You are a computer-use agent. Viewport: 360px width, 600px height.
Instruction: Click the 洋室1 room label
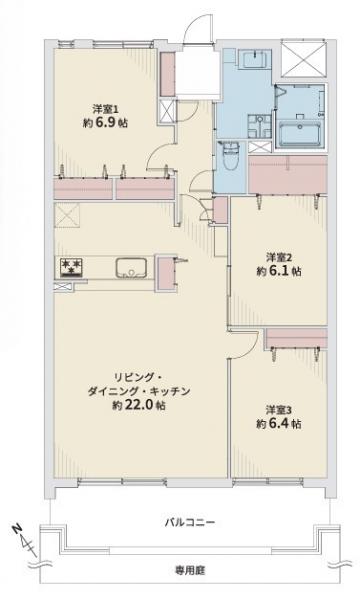(106, 109)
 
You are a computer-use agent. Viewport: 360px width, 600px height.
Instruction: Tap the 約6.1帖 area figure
(279, 271)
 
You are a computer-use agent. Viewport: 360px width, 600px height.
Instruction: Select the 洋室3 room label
(279, 410)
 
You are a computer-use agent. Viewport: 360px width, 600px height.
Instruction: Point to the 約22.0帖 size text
(139, 405)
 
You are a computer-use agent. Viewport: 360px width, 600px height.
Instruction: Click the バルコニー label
(190, 522)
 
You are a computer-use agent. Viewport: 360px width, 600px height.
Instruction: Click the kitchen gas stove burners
(72, 267)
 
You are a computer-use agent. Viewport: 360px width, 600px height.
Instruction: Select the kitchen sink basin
(131, 268)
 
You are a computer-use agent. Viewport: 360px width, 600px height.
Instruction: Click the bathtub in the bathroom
(301, 134)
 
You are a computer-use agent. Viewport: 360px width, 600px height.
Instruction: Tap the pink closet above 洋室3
(296, 338)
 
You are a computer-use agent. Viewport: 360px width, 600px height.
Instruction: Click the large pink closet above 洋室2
(288, 174)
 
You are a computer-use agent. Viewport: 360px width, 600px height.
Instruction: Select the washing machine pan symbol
(259, 126)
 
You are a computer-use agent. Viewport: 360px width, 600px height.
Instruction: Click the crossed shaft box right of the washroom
(303, 59)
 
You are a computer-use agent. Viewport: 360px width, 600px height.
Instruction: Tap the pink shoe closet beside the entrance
(167, 73)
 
